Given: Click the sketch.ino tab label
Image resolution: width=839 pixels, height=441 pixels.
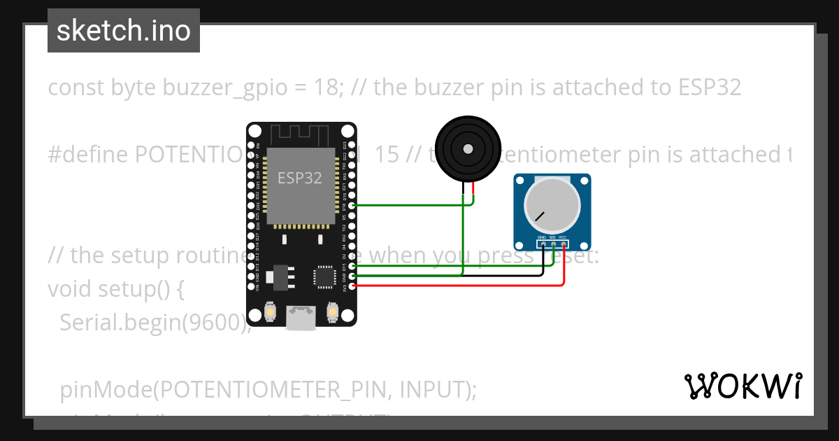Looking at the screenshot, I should (x=124, y=31).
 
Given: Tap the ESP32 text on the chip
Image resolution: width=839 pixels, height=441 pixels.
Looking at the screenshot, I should (x=300, y=178).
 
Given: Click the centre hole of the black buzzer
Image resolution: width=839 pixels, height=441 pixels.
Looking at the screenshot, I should (x=466, y=148).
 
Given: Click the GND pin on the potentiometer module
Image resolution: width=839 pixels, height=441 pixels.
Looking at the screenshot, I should (x=543, y=244).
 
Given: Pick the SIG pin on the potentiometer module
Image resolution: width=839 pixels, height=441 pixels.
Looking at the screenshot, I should (x=553, y=244).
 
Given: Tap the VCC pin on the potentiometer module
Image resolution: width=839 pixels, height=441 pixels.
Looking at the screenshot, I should (x=563, y=244).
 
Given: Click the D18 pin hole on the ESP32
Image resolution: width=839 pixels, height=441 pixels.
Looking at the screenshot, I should (x=352, y=205).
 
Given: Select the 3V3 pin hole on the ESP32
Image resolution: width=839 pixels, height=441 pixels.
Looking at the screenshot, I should (x=352, y=286).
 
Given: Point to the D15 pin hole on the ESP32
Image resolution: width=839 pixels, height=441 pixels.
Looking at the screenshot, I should (x=352, y=266).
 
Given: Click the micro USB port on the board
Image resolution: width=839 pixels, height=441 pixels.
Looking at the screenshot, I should (x=301, y=318).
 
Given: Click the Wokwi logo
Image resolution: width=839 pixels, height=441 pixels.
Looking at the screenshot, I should (x=743, y=386).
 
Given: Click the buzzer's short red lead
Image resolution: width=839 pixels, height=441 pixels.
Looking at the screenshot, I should (x=473, y=188).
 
